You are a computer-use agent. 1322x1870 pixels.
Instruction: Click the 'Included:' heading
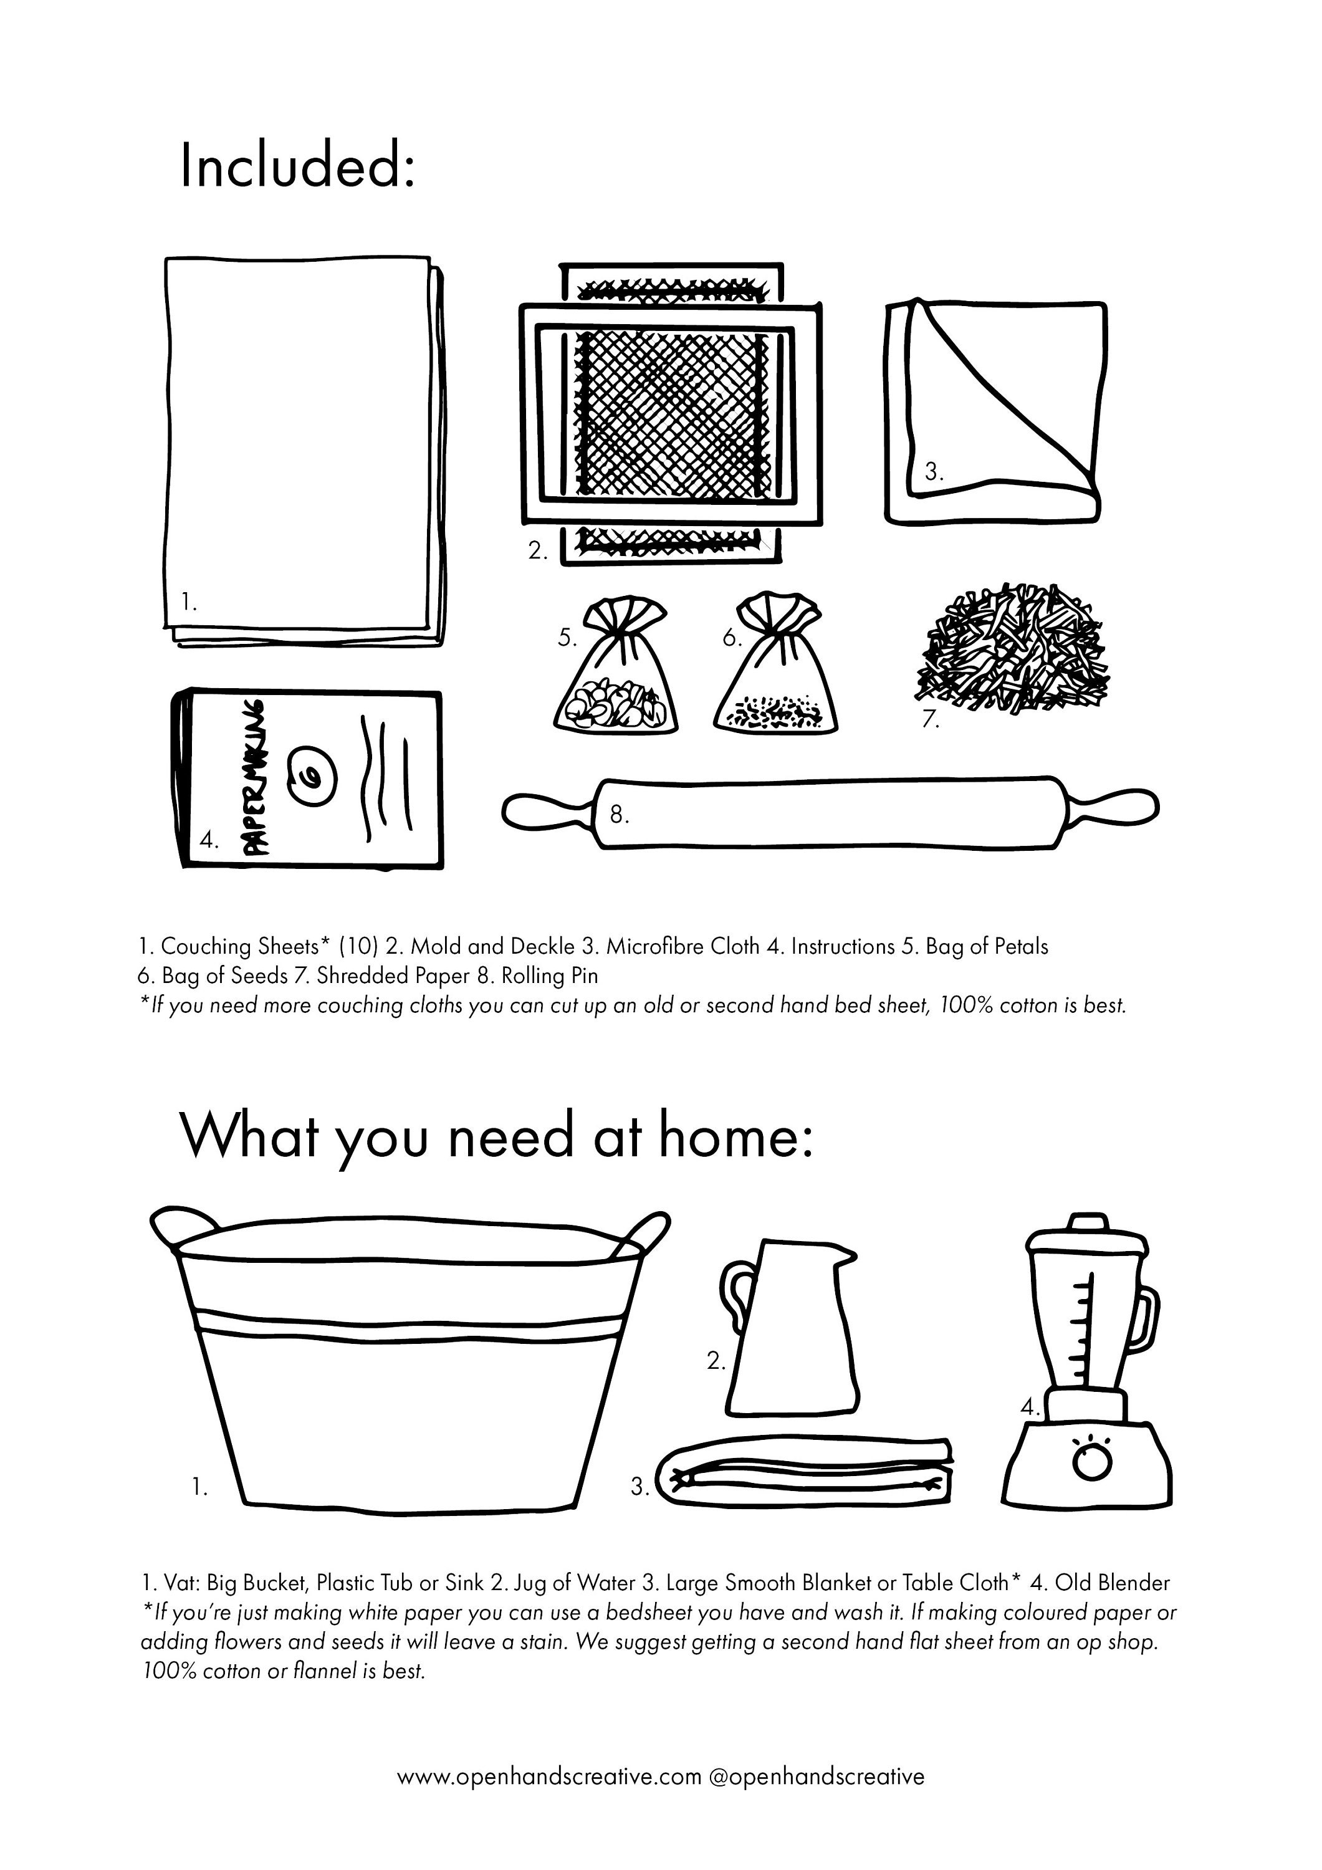pos(297,165)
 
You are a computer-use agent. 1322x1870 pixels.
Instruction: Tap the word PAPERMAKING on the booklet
pos(255,775)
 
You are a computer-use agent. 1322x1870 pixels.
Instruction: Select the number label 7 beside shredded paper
pos(930,720)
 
